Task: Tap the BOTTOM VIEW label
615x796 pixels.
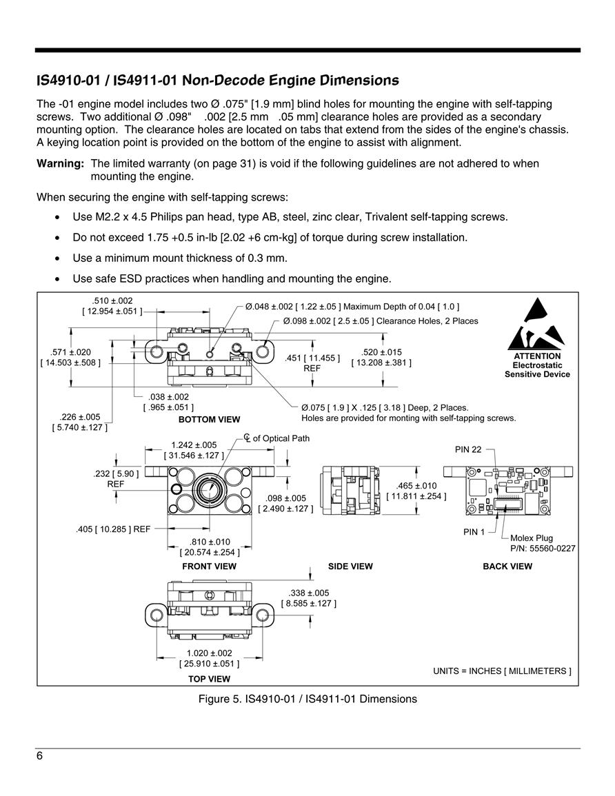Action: click(209, 419)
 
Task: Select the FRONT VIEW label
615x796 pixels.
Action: click(209, 566)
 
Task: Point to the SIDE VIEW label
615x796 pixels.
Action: click(350, 566)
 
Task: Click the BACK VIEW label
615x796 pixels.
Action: click(507, 566)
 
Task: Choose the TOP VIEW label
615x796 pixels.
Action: click(209, 679)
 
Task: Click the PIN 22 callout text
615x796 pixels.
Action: click(468, 449)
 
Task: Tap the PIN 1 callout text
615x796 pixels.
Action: click(474, 531)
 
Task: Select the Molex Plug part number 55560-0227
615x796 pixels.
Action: click(543, 549)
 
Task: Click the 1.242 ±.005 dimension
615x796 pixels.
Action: click(194, 445)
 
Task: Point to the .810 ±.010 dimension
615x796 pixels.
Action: click(210, 542)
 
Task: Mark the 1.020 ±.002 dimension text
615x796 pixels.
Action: click(209, 653)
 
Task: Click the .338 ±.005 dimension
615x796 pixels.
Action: click(309, 593)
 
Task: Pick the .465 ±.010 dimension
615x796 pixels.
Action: click(416, 485)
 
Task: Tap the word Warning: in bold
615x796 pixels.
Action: click(60, 163)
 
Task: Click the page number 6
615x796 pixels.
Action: click(39, 756)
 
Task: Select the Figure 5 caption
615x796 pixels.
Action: click(307, 699)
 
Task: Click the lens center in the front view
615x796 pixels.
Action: click(208, 490)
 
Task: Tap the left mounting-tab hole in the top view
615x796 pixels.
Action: click(156, 615)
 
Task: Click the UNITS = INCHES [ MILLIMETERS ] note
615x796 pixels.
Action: click(502, 671)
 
